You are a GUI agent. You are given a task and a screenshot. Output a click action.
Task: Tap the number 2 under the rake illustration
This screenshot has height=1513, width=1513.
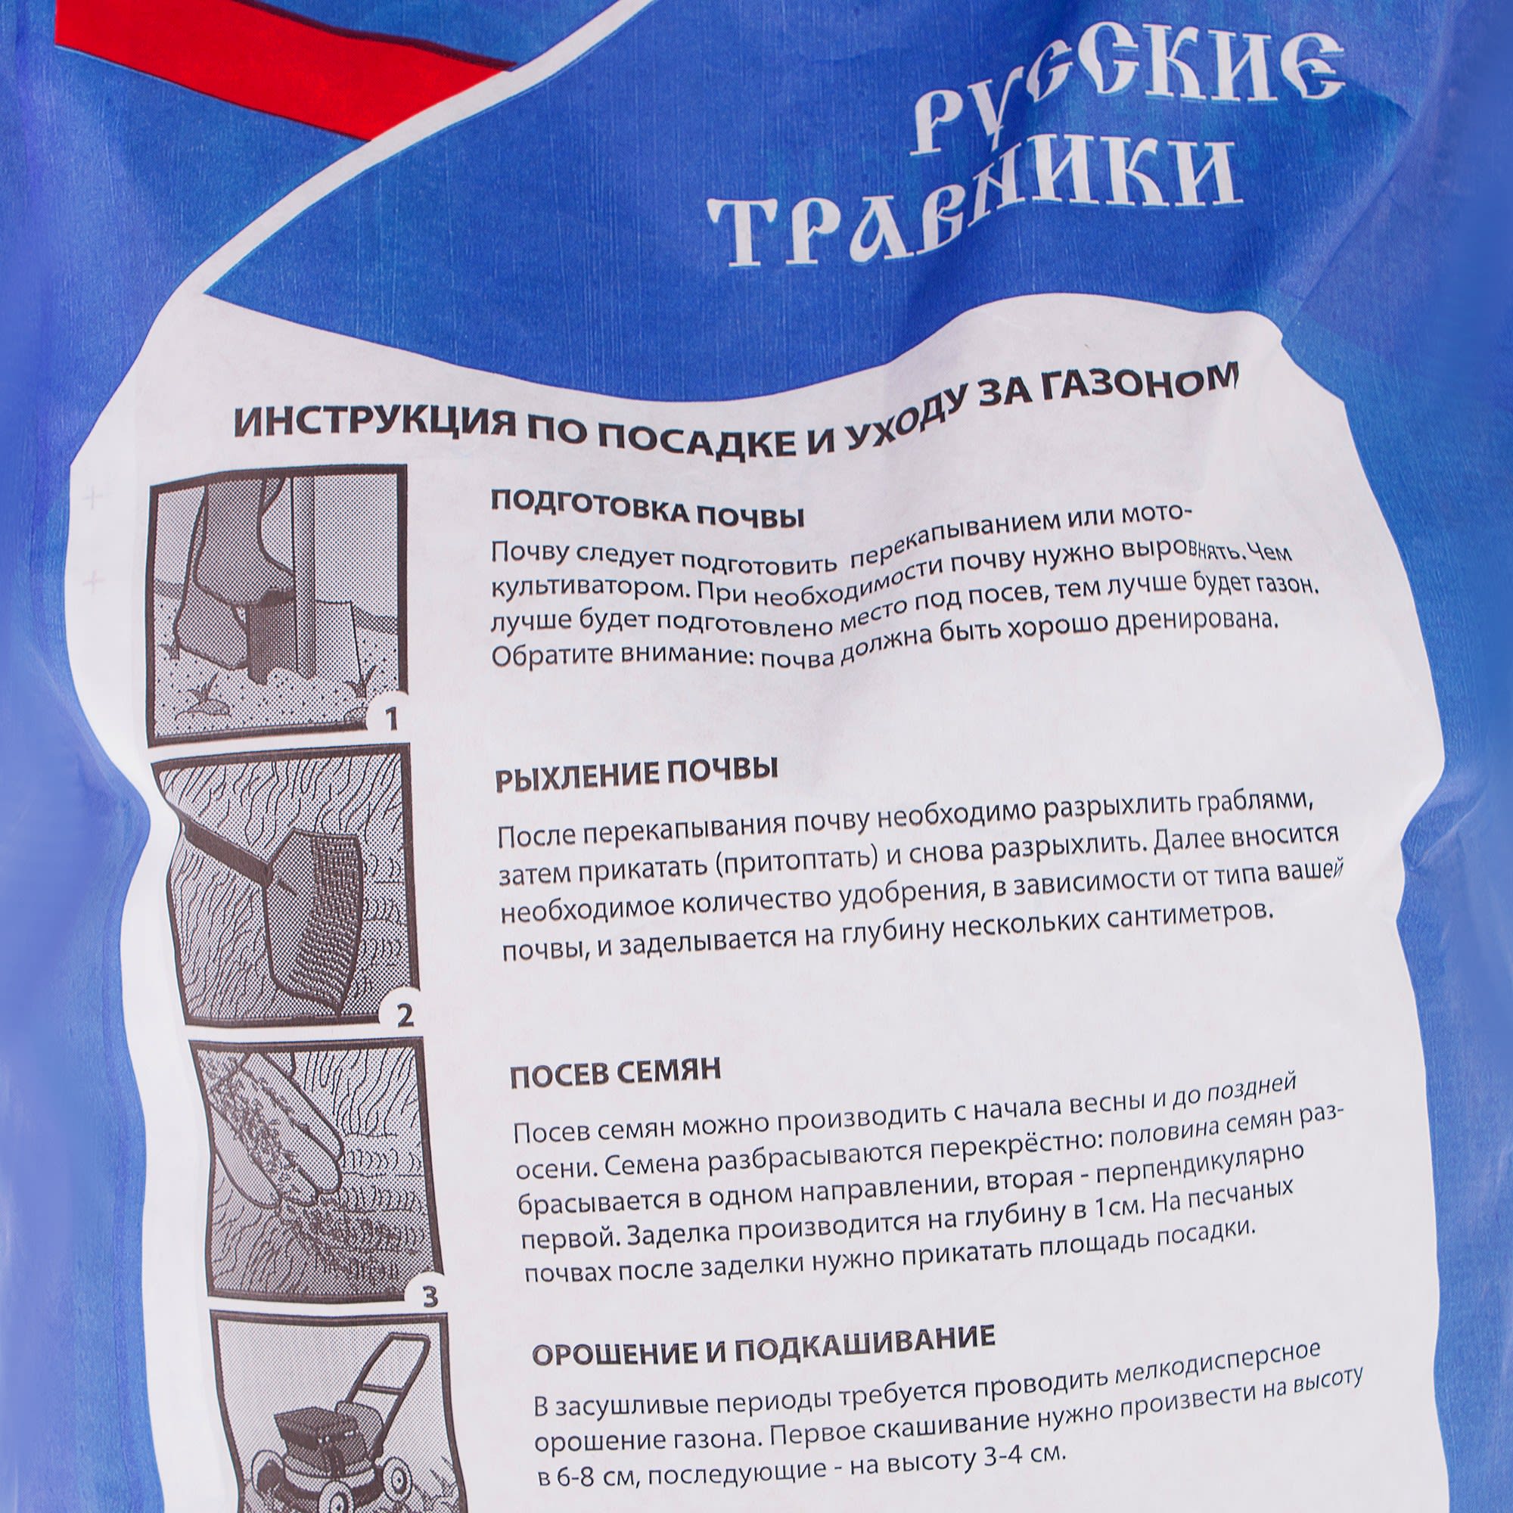[x=404, y=1016]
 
